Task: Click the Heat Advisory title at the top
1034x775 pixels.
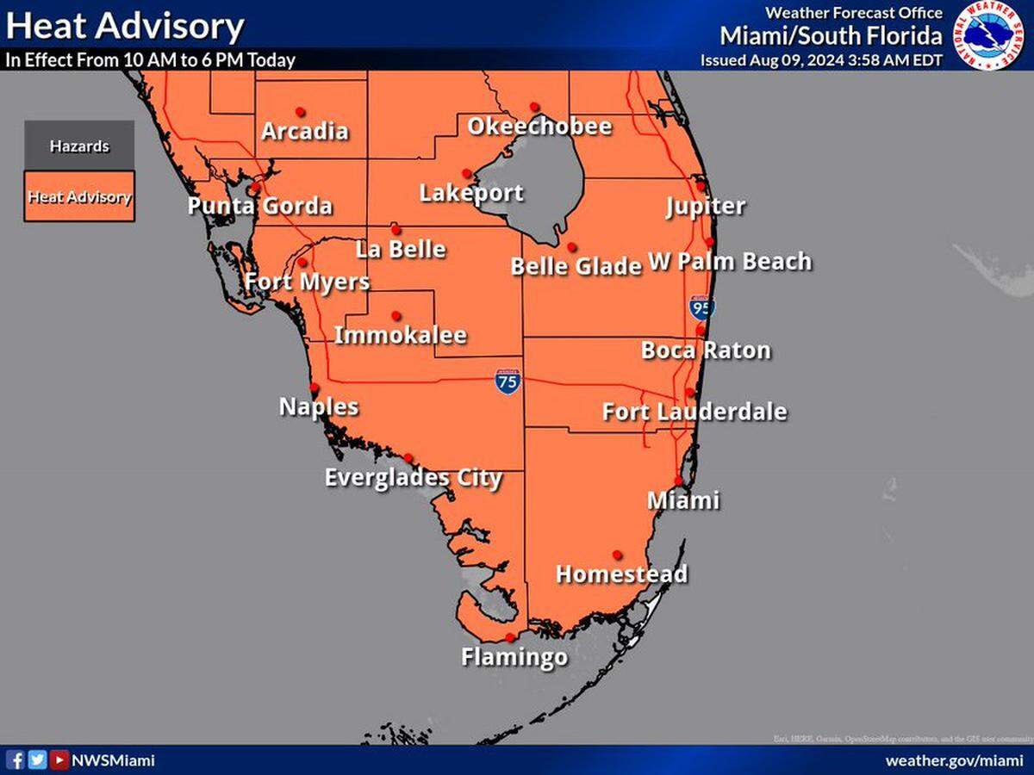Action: pos(125,26)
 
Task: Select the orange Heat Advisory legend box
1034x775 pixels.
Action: pos(79,196)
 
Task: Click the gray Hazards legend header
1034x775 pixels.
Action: pos(79,146)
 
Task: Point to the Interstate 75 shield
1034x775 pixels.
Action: pos(508,381)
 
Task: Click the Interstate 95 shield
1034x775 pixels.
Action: pos(701,307)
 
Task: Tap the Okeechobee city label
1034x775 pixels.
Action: pos(539,127)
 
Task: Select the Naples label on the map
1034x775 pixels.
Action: pos(319,406)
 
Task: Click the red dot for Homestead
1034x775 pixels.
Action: pos(617,555)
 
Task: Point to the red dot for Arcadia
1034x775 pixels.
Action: pos(300,111)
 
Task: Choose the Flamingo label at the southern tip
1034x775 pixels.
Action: pos(514,657)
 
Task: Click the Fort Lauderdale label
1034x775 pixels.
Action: pos(694,412)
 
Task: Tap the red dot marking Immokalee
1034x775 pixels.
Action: pos(396,315)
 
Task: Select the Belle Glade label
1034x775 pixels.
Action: pos(576,266)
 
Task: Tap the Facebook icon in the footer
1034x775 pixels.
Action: pos(16,760)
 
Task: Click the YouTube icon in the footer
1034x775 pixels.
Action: pos(59,760)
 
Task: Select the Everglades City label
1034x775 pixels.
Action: pos(413,478)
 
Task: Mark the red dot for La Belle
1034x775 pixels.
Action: pos(396,229)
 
